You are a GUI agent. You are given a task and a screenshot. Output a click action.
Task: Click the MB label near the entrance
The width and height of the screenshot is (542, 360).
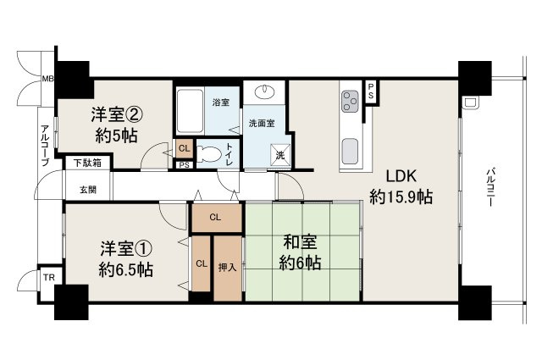47,79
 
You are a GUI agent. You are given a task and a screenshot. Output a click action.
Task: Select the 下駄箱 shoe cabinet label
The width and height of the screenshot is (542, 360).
86,163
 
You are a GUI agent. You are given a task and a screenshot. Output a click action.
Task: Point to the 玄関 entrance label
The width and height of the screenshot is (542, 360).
88,190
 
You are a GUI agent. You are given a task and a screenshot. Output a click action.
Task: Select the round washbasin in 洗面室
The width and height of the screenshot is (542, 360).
264,92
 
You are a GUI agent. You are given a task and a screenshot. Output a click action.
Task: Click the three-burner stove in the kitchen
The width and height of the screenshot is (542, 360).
350,102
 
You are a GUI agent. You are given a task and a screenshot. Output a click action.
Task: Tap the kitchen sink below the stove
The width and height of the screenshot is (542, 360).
349,152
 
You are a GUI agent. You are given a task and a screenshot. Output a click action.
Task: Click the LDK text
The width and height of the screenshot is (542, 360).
401,178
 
